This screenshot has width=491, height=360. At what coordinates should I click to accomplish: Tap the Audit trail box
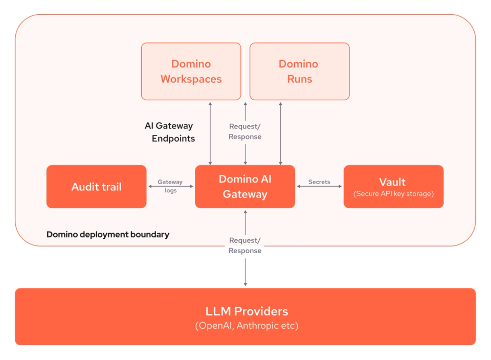pos(96,187)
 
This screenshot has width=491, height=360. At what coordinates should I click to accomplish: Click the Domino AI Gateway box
pos(245,187)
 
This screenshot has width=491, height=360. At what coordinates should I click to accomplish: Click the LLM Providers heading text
pos(247,311)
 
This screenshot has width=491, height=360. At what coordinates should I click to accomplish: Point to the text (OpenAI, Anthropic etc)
pos(247,326)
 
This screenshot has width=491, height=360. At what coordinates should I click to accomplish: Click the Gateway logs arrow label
pos(170,186)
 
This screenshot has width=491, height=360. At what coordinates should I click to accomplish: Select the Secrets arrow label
pos(319,182)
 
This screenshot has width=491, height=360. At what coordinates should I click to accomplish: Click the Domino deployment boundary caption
pos(108,235)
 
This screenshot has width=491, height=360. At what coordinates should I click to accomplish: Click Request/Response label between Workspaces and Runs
pos(245,131)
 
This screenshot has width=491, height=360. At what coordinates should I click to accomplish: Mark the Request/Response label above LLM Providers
pos(245,245)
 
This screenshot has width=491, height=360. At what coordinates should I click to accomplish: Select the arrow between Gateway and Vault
pos(319,187)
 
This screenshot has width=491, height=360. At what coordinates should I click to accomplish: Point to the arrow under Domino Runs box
pos(280,132)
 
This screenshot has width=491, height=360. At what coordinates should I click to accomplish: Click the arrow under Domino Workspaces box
pos(210,132)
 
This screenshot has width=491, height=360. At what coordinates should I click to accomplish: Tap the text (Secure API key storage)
pos(393,194)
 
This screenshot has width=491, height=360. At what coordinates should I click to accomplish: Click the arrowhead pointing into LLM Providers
pos(245,283)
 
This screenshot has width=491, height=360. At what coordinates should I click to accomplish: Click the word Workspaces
pos(191,79)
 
